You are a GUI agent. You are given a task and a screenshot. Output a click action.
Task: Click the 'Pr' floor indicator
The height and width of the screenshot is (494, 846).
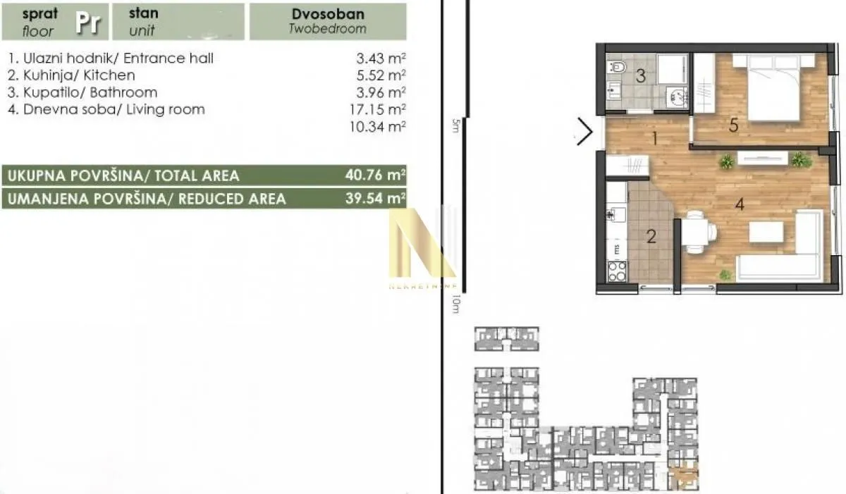coord(88,23)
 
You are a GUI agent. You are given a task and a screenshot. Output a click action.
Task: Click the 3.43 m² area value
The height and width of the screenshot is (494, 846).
coord(381,58)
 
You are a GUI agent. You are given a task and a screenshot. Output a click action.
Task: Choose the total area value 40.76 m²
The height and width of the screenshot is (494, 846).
coord(378,175)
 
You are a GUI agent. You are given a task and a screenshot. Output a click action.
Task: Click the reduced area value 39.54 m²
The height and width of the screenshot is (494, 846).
coord(378,199)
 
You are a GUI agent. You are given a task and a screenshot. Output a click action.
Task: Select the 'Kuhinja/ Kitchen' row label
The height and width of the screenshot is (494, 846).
coord(71,75)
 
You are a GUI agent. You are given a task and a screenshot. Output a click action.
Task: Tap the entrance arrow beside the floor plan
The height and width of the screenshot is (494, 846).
coord(584,132)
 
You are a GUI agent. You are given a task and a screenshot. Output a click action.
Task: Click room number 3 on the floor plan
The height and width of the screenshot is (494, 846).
coord(640,76)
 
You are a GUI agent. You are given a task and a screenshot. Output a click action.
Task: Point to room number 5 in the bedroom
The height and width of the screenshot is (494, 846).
coord(733,125)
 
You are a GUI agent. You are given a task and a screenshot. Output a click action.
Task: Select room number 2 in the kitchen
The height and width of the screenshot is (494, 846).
coord(651,235)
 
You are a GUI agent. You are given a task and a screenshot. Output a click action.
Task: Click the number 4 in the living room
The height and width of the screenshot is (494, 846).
coord(739,205)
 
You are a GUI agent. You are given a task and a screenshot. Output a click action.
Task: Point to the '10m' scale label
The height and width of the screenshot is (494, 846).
coord(455,304)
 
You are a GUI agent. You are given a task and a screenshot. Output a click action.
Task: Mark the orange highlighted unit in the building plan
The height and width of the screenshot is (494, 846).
coord(683,477)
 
